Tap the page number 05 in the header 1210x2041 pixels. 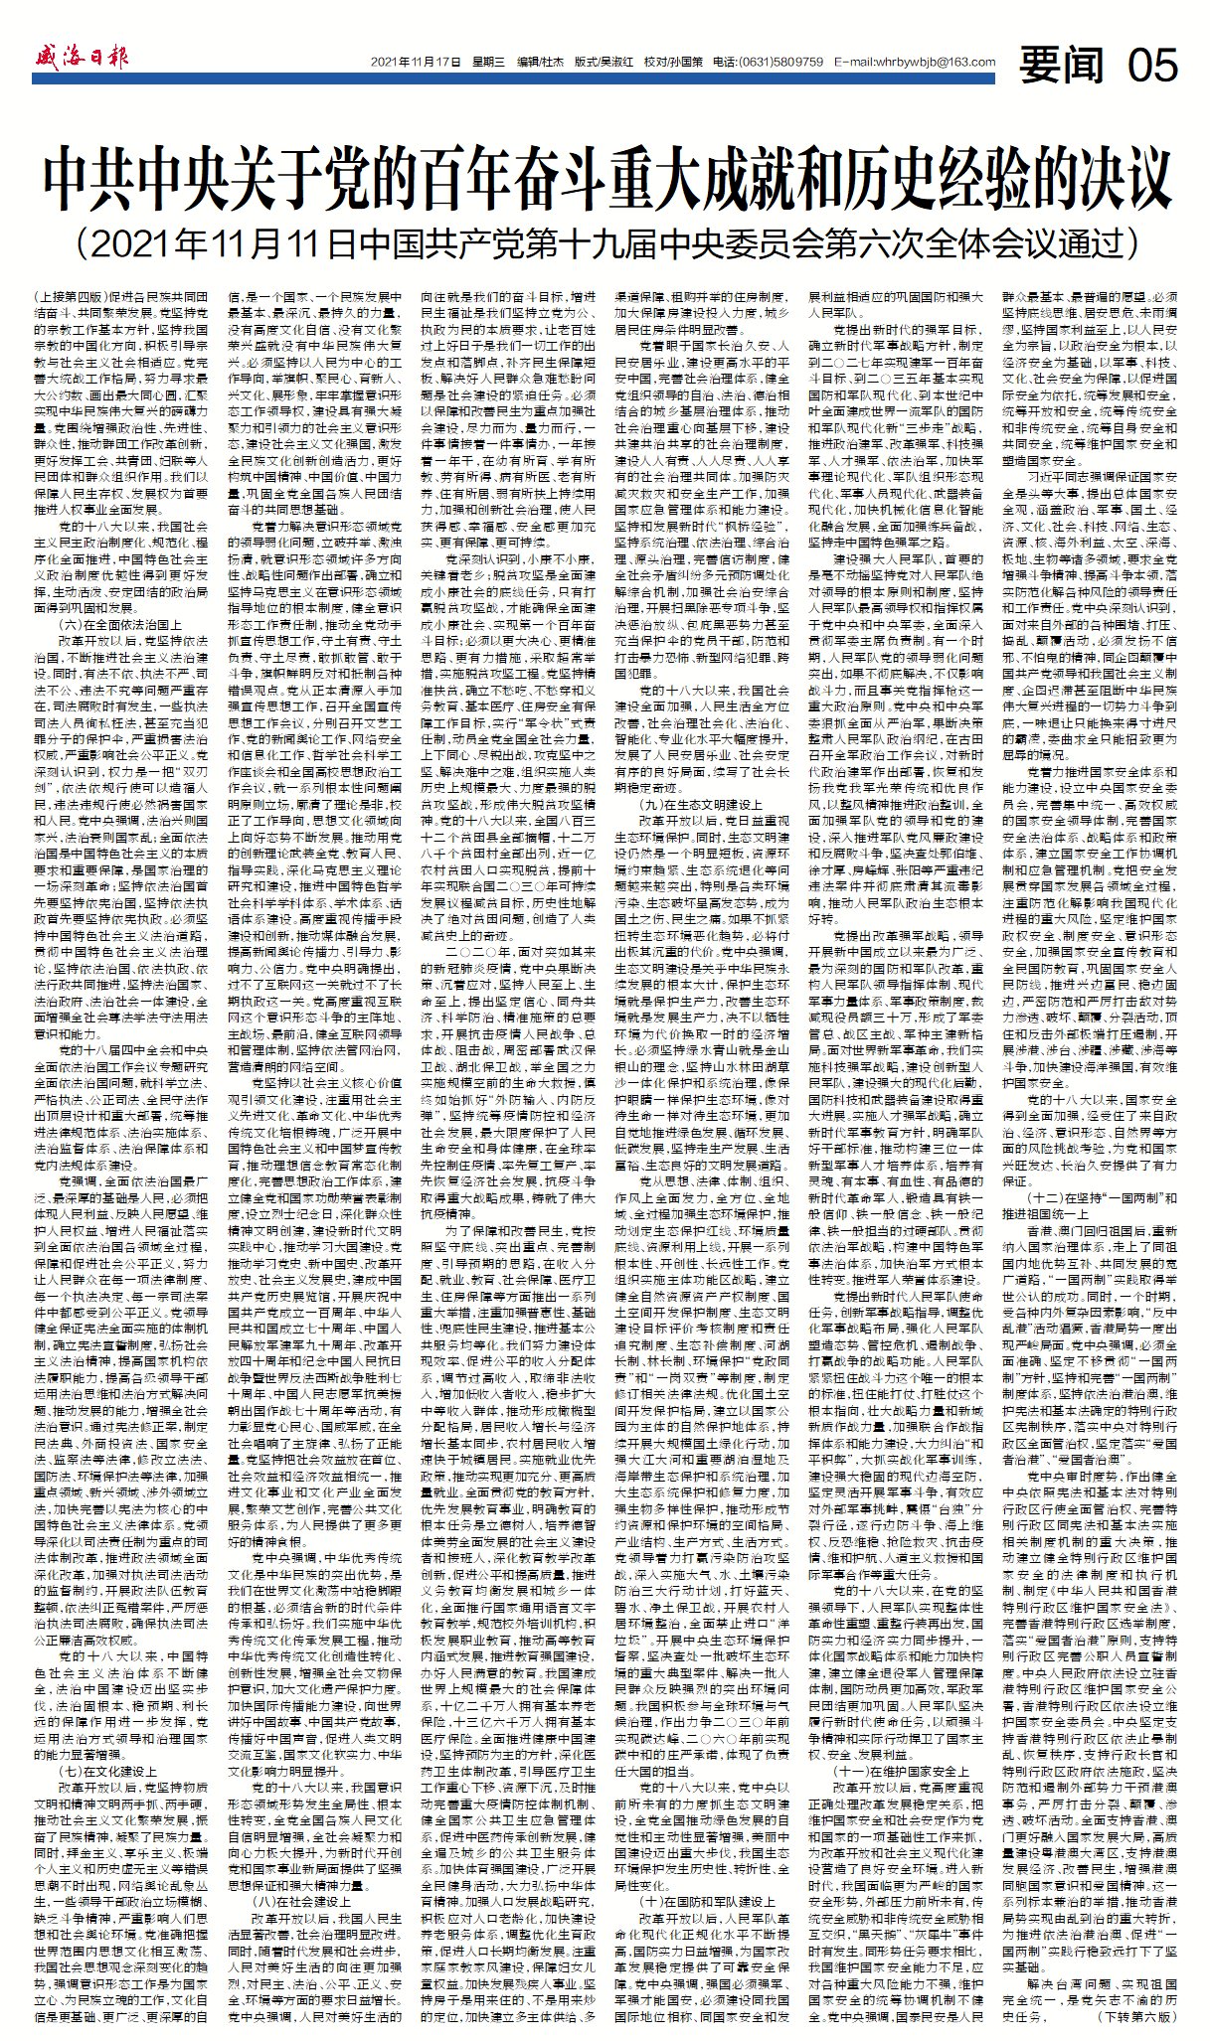click(x=1151, y=64)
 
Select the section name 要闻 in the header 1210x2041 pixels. click(x=1062, y=64)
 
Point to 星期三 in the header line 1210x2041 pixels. click(x=485, y=63)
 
